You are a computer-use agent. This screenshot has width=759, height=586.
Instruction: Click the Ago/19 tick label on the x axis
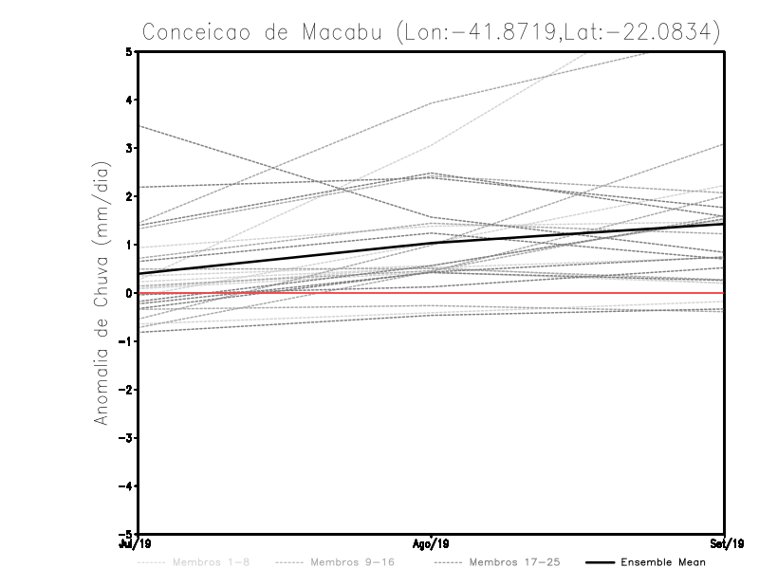(x=432, y=543)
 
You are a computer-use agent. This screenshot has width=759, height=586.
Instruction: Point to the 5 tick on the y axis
(x=129, y=51)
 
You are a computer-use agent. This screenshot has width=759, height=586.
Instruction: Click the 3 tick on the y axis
(x=129, y=148)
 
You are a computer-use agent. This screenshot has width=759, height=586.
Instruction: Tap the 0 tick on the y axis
(x=129, y=293)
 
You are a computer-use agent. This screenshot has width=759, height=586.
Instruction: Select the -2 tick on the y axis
(x=126, y=390)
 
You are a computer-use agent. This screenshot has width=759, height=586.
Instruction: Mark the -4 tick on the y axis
(x=126, y=486)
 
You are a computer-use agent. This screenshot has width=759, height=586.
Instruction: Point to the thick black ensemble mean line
(x=285, y=259)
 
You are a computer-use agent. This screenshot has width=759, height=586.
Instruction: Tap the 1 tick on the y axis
(x=129, y=245)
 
